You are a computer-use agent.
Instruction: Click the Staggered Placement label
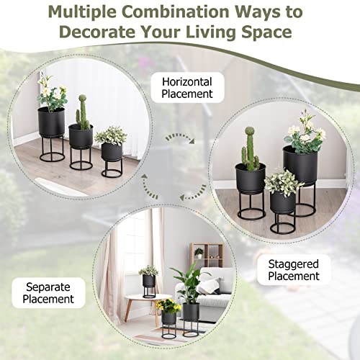click(294, 269)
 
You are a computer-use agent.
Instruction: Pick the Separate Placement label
click(48, 292)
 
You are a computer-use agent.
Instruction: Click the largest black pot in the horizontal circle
click(50, 122)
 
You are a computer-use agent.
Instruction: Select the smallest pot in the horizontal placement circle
click(112, 151)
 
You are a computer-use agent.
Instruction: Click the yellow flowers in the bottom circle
click(168, 305)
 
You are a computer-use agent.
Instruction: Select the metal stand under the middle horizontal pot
click(80, 156)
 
